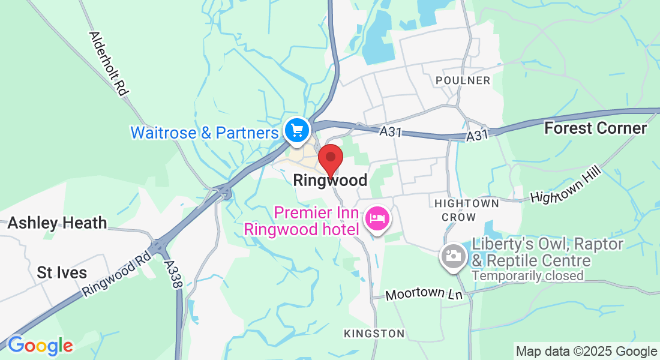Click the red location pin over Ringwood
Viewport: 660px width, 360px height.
(330, 159)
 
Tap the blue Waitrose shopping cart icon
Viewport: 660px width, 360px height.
(296, 130)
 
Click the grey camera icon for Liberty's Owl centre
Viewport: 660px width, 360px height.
(454, 256)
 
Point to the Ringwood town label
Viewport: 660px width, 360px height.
(330, 180)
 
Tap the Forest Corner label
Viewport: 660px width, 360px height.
(595, 128)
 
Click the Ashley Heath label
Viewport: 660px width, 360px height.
(57, 223)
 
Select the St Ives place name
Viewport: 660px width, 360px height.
(62, 272)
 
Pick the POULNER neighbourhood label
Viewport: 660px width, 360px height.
(463, 80)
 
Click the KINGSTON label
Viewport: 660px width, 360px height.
(374, 333)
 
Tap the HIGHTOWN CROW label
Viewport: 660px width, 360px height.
(466, 210)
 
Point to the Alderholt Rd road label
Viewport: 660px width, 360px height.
(109, 64)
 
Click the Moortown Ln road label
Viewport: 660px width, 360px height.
(424, 295)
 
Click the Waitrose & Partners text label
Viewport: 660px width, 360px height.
(205, 133)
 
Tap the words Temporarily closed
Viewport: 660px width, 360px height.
(527, 276)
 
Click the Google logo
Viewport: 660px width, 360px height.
(40, 346)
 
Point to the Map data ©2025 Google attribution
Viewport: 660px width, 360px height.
(586, 352)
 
